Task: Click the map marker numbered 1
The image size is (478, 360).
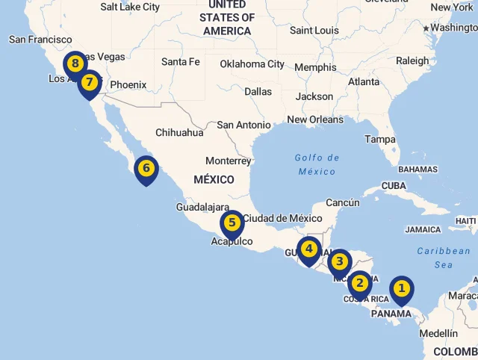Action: click(x=402, y=288)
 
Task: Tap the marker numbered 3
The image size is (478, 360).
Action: click(x=339, y=261)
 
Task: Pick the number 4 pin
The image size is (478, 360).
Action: click(x=308, y=249)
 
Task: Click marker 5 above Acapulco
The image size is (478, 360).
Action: click(x=232, y=223)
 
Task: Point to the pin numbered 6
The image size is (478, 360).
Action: click(x=146, y=168)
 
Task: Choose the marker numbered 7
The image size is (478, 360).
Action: click(x=90, y=82)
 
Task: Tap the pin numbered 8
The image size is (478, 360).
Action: click(x=75, y=64)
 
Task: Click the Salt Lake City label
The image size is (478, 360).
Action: click(x=130, y=7)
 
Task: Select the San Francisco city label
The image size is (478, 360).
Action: click(x=40, y=40)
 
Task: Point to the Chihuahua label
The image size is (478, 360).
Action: click(x=179, y=133)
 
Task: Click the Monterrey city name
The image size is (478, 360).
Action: click(x=228, y=161)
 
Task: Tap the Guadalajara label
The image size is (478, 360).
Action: click(x=202, y=207)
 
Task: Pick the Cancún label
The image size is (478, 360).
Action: click(x=343, y=202)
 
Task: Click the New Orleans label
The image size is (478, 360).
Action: click(x=315, y=120)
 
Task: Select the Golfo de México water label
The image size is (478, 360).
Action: click(x=317, y=164)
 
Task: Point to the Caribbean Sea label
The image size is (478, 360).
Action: click(x=444, y=258)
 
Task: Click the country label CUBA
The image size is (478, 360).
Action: click(x=394, y=185)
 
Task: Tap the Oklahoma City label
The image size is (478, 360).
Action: click(x=252, y=64)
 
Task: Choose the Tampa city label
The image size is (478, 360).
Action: click(x=380, y=140)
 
